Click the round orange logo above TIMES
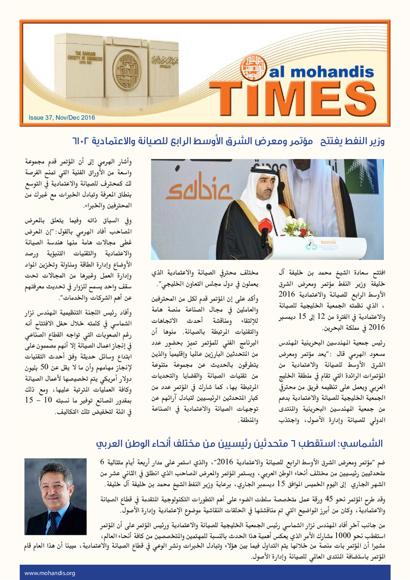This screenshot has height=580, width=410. [x=253, y=67]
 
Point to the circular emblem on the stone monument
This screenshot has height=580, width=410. [x=126, y=70]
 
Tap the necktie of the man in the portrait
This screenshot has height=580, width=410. [x=52, y=521]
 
